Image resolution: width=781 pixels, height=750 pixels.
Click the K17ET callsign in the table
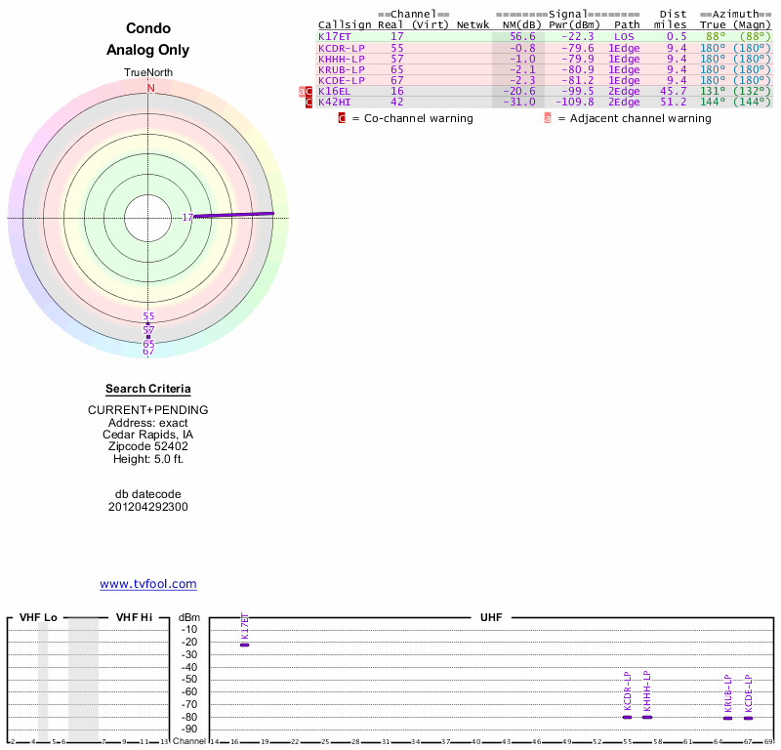(335, 36)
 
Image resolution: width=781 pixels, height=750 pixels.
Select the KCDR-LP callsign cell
(342, 48)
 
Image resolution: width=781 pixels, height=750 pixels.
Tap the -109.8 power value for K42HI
(574, 102)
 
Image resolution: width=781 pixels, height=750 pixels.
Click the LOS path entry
(624, 36)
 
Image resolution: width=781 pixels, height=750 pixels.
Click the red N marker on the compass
(150, 88)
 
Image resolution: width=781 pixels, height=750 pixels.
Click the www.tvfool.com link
(148, 584)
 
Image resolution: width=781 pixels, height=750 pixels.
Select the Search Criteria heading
(148, 389)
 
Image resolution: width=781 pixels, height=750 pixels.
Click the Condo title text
(148, 28)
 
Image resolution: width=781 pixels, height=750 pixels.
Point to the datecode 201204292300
(148, 507)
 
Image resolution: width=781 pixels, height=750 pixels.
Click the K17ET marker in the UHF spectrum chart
(244, 645)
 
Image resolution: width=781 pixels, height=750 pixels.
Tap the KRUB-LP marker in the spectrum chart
(727, 718)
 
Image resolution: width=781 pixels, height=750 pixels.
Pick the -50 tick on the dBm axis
(189, 679)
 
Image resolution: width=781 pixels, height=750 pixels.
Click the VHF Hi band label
(134, 617)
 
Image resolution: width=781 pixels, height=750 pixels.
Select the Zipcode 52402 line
(148, 446)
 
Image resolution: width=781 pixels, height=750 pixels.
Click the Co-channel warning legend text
(411, 118)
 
